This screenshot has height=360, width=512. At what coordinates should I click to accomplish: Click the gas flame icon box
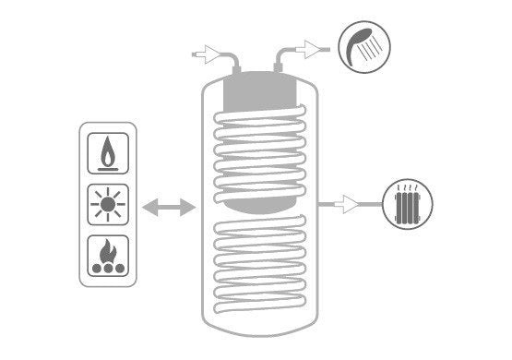click(107, 153)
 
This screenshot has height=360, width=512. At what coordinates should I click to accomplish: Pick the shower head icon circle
click(362, 47)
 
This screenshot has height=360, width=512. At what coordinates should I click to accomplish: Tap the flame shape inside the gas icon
click(107, 150)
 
